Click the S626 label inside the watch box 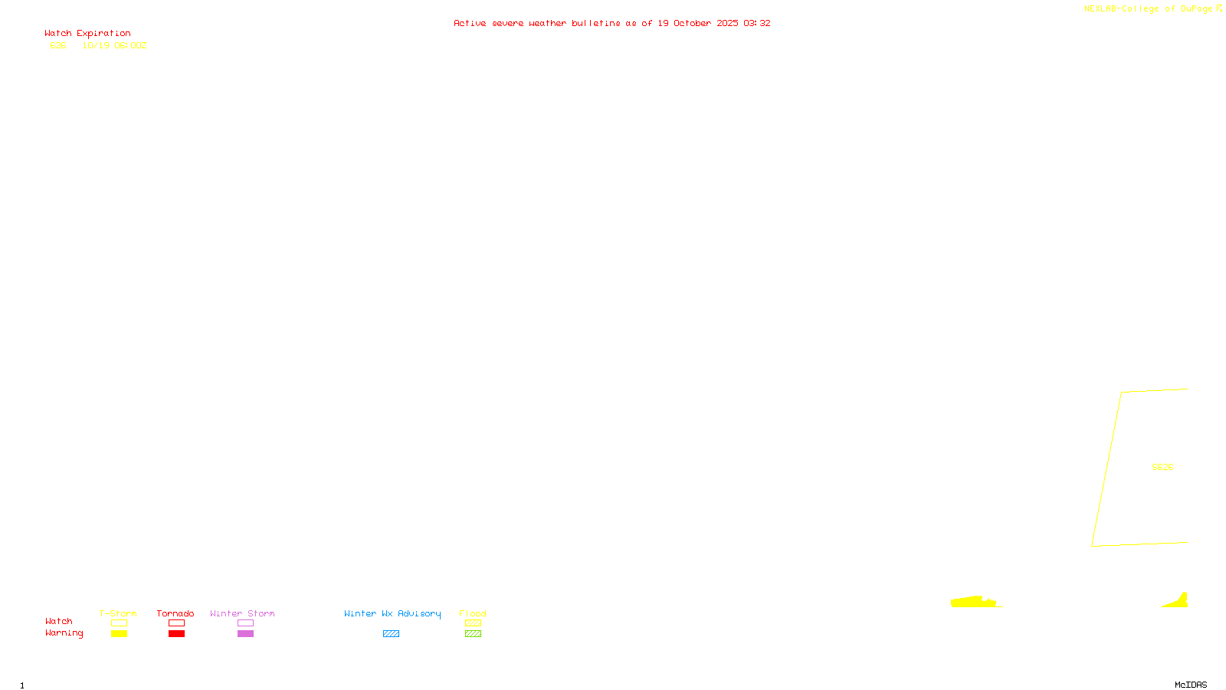[x=1162, y=467]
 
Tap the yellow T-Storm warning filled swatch [x=119, y=634]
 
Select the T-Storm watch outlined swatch [x=119, y=623]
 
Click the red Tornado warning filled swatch [x=176, y=634]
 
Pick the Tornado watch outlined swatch [x=176, y=623]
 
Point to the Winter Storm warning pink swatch [x=245, y=634]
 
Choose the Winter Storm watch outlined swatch [x=245, y=623]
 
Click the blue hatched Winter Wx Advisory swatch [x=391, y=634]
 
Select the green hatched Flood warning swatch [x=473, y=634]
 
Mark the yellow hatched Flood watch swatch [x=473, y=623]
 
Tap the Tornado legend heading [x=175, y=613]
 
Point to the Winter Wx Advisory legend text [x=392, y=613]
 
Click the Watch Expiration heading [x=87, y=34]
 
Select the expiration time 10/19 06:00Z [x=114, y=45]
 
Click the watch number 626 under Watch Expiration [x=58, y=45]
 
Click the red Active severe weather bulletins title [x=611, y=23]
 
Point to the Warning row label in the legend [x=64, y=633]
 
